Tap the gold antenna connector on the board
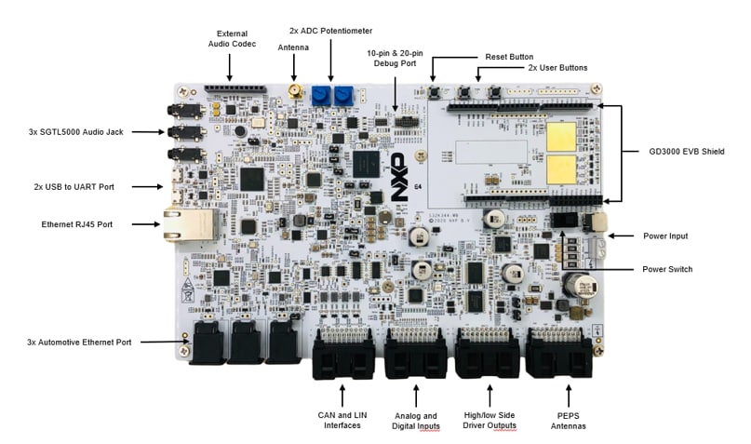(x=295, y=92)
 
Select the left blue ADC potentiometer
(x=321, y=95)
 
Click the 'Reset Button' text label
(x=509, y=57)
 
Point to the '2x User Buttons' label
(x=557, y=68)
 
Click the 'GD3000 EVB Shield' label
(x=685, y=151)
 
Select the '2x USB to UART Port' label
(x=74, y=187)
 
